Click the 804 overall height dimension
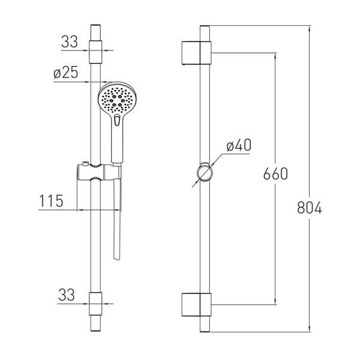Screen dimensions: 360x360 tap(310, 208)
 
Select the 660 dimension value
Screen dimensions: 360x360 tap(275, 173)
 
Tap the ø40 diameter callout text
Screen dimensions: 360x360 tap(239, 145)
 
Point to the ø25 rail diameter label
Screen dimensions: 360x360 tap(66, 73)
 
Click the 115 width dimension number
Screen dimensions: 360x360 tap(51, 201)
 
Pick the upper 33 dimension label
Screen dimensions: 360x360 tap(70, 41)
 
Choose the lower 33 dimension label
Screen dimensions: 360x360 tap(67, 295)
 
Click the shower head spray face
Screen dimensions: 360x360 tap(117, 98)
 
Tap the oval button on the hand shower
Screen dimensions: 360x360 tap(117, 120)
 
